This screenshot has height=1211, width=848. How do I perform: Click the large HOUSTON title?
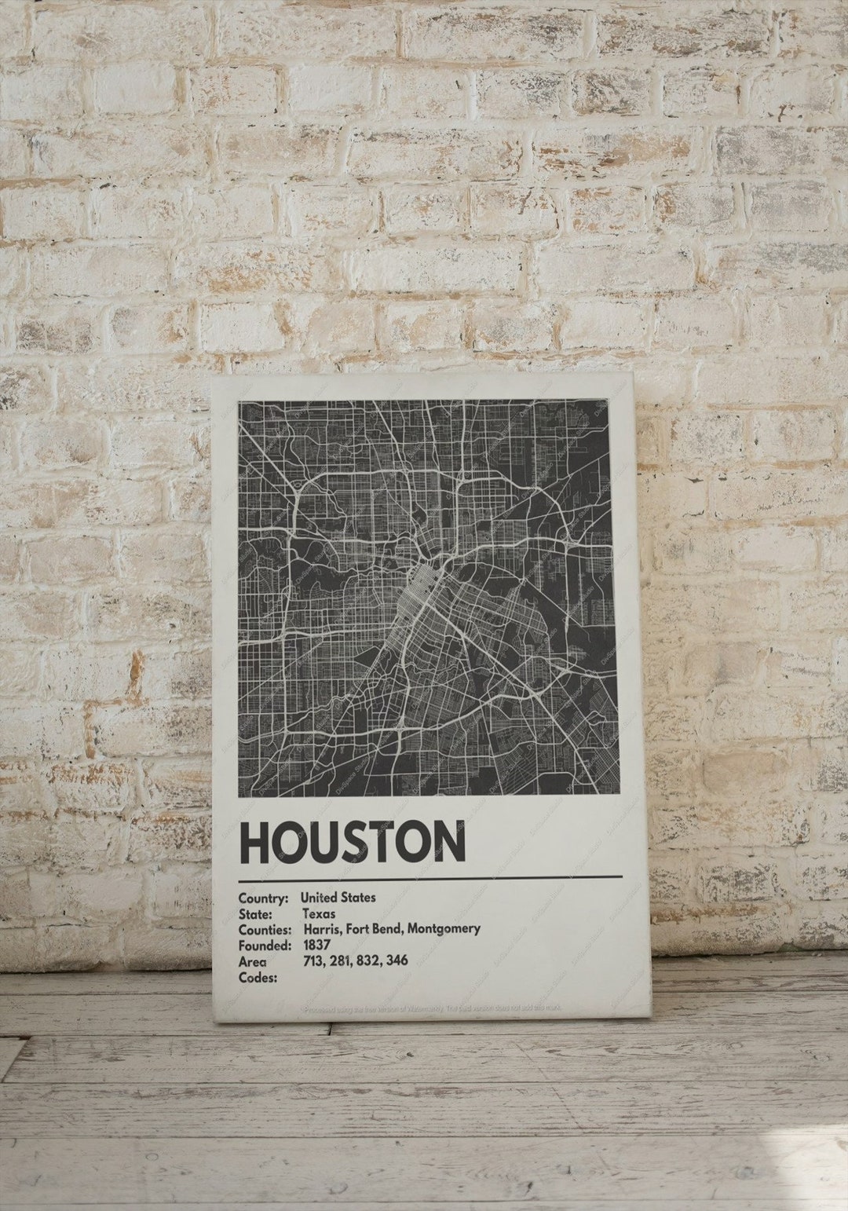353,842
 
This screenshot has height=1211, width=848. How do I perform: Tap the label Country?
263,897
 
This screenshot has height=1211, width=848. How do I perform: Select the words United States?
338,897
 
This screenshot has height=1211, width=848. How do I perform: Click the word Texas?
318,913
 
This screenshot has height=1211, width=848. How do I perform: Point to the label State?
255,913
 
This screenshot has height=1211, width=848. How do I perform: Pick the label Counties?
265,929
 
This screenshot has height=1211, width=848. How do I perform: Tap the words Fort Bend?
375,929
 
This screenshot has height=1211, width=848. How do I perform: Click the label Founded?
265,945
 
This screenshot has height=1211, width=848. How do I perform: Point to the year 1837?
316,945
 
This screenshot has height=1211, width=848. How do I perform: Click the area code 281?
343,960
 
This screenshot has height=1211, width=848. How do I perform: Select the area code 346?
397,960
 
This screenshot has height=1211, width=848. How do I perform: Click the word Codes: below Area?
258,978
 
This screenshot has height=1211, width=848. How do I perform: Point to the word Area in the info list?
253,961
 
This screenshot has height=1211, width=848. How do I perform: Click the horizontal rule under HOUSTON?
430,876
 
